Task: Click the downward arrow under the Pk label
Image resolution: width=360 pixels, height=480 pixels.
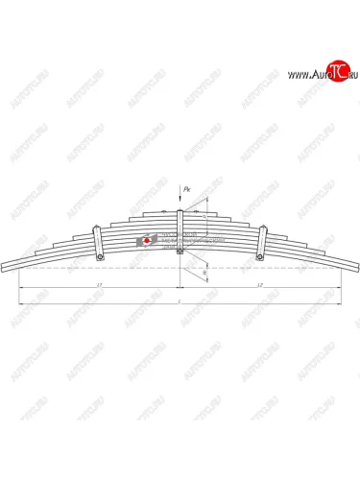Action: click(180, 204)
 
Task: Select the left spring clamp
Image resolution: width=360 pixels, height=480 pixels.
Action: click(97, 243)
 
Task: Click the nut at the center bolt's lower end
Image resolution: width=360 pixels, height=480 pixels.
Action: click(180, 252)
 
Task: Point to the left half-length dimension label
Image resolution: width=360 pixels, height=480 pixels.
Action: click(100, 286)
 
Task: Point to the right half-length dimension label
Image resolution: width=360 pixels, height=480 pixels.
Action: click(261, 286)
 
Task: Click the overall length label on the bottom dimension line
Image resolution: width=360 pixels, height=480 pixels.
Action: click(180, 301)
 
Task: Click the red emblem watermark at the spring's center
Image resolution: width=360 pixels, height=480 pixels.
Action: click(146, 240)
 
